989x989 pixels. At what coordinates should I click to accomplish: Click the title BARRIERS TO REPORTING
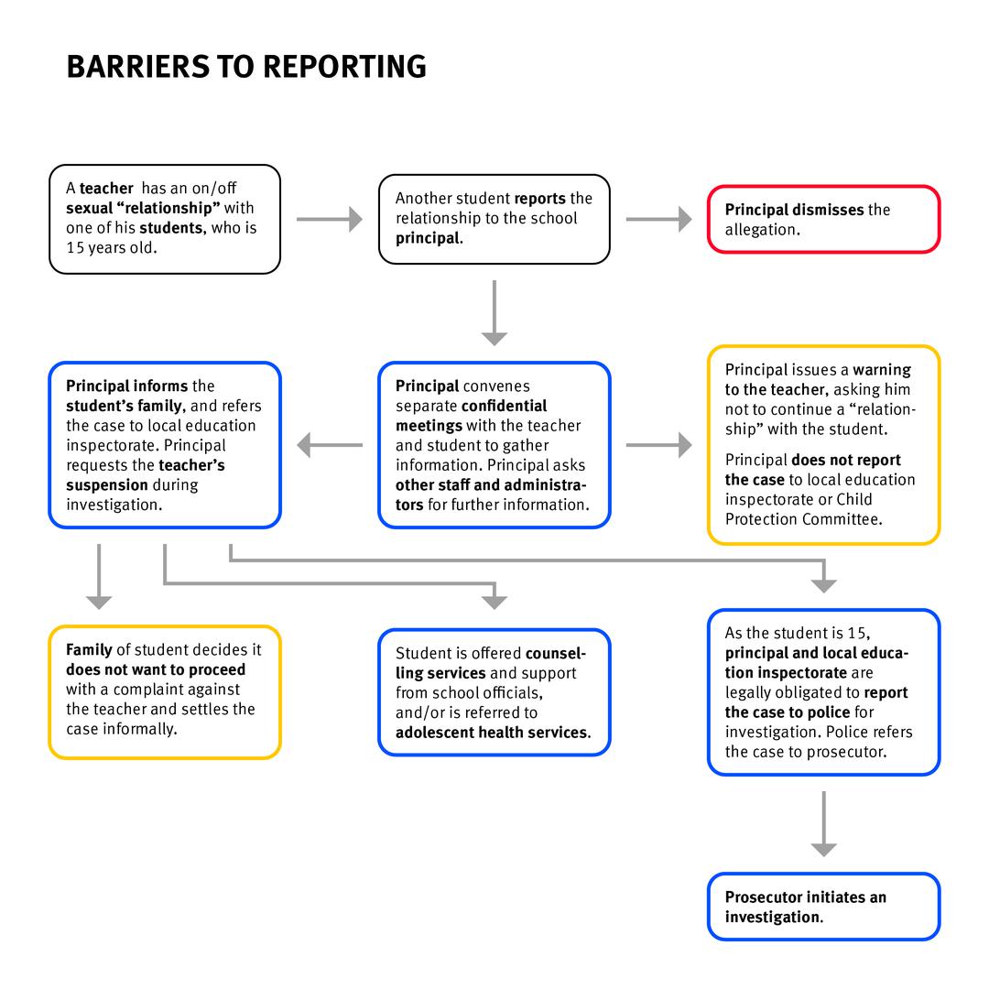[246, 67]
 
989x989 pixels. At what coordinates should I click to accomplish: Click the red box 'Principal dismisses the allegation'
[823, 220]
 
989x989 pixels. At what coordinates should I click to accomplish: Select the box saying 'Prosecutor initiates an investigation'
[823, 907]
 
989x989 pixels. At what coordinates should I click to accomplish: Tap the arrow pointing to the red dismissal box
[659, 219]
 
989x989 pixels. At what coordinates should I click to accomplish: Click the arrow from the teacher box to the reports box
[330, 219]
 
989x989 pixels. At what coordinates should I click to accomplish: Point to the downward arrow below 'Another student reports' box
[494, 312]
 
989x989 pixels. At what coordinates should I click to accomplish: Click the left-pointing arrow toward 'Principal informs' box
[330, 445]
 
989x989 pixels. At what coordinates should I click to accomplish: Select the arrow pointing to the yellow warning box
[659, 445]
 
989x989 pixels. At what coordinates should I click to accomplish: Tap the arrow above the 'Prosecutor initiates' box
[823, 823]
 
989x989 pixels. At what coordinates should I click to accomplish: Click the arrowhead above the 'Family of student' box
[99, 601]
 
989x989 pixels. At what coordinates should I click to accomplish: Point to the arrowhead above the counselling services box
[494, 601]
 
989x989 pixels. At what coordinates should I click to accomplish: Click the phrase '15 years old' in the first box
[111, 247]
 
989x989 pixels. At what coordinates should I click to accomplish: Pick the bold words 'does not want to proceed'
[156, 669]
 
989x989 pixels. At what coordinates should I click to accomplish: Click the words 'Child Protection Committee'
[801, 509]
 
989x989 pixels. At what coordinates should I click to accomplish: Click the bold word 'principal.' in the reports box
[429, 238]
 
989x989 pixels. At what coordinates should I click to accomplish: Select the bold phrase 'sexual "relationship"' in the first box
[143, 208]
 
